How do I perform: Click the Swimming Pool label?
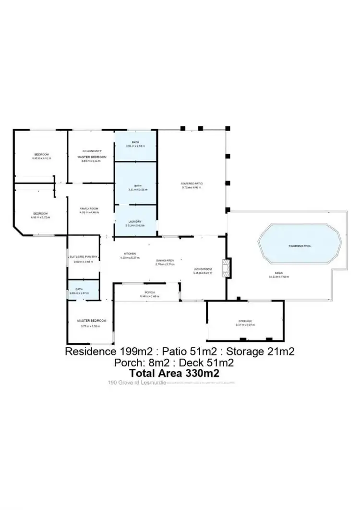(x=300, y=246)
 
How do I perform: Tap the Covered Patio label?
(x=191, y=184)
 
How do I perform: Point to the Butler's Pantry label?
(x=84, y=257)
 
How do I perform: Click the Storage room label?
(x=245, y=321)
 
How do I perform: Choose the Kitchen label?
(x=129, y=254)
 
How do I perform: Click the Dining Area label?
(x=164, y=260)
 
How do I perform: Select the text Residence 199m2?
(x=101, y=352)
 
